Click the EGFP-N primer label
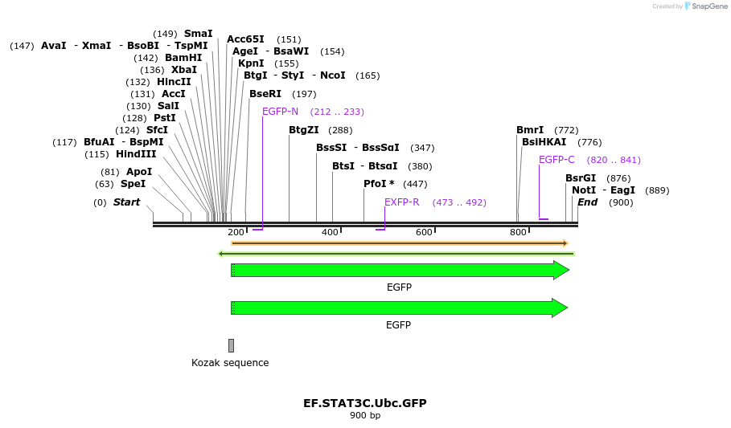[x=280, y=112]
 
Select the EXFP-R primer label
[x=401, y=202]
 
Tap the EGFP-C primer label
[x=556, y=160]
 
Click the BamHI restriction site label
[x=183, y=58]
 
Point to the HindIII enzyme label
[x=136, y=154]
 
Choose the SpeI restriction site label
[x=133, y=184]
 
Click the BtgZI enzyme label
[x=304, y=130]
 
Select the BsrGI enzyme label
[x=581, y=178]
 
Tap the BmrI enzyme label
[x=530, y=130]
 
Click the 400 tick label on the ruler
[x=330, y=232]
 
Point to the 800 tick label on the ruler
[x=518, y=232]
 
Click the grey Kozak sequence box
[x=232, y=345]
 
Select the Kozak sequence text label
[x=230, y=363]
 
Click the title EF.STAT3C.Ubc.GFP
[x=364, y=403]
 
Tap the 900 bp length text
[x=364, y=415]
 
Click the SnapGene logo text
[x=710, y=6]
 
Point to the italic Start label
[x=126, y=202]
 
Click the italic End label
[x=587, y=202]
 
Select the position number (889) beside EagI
[x=657, y=190]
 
